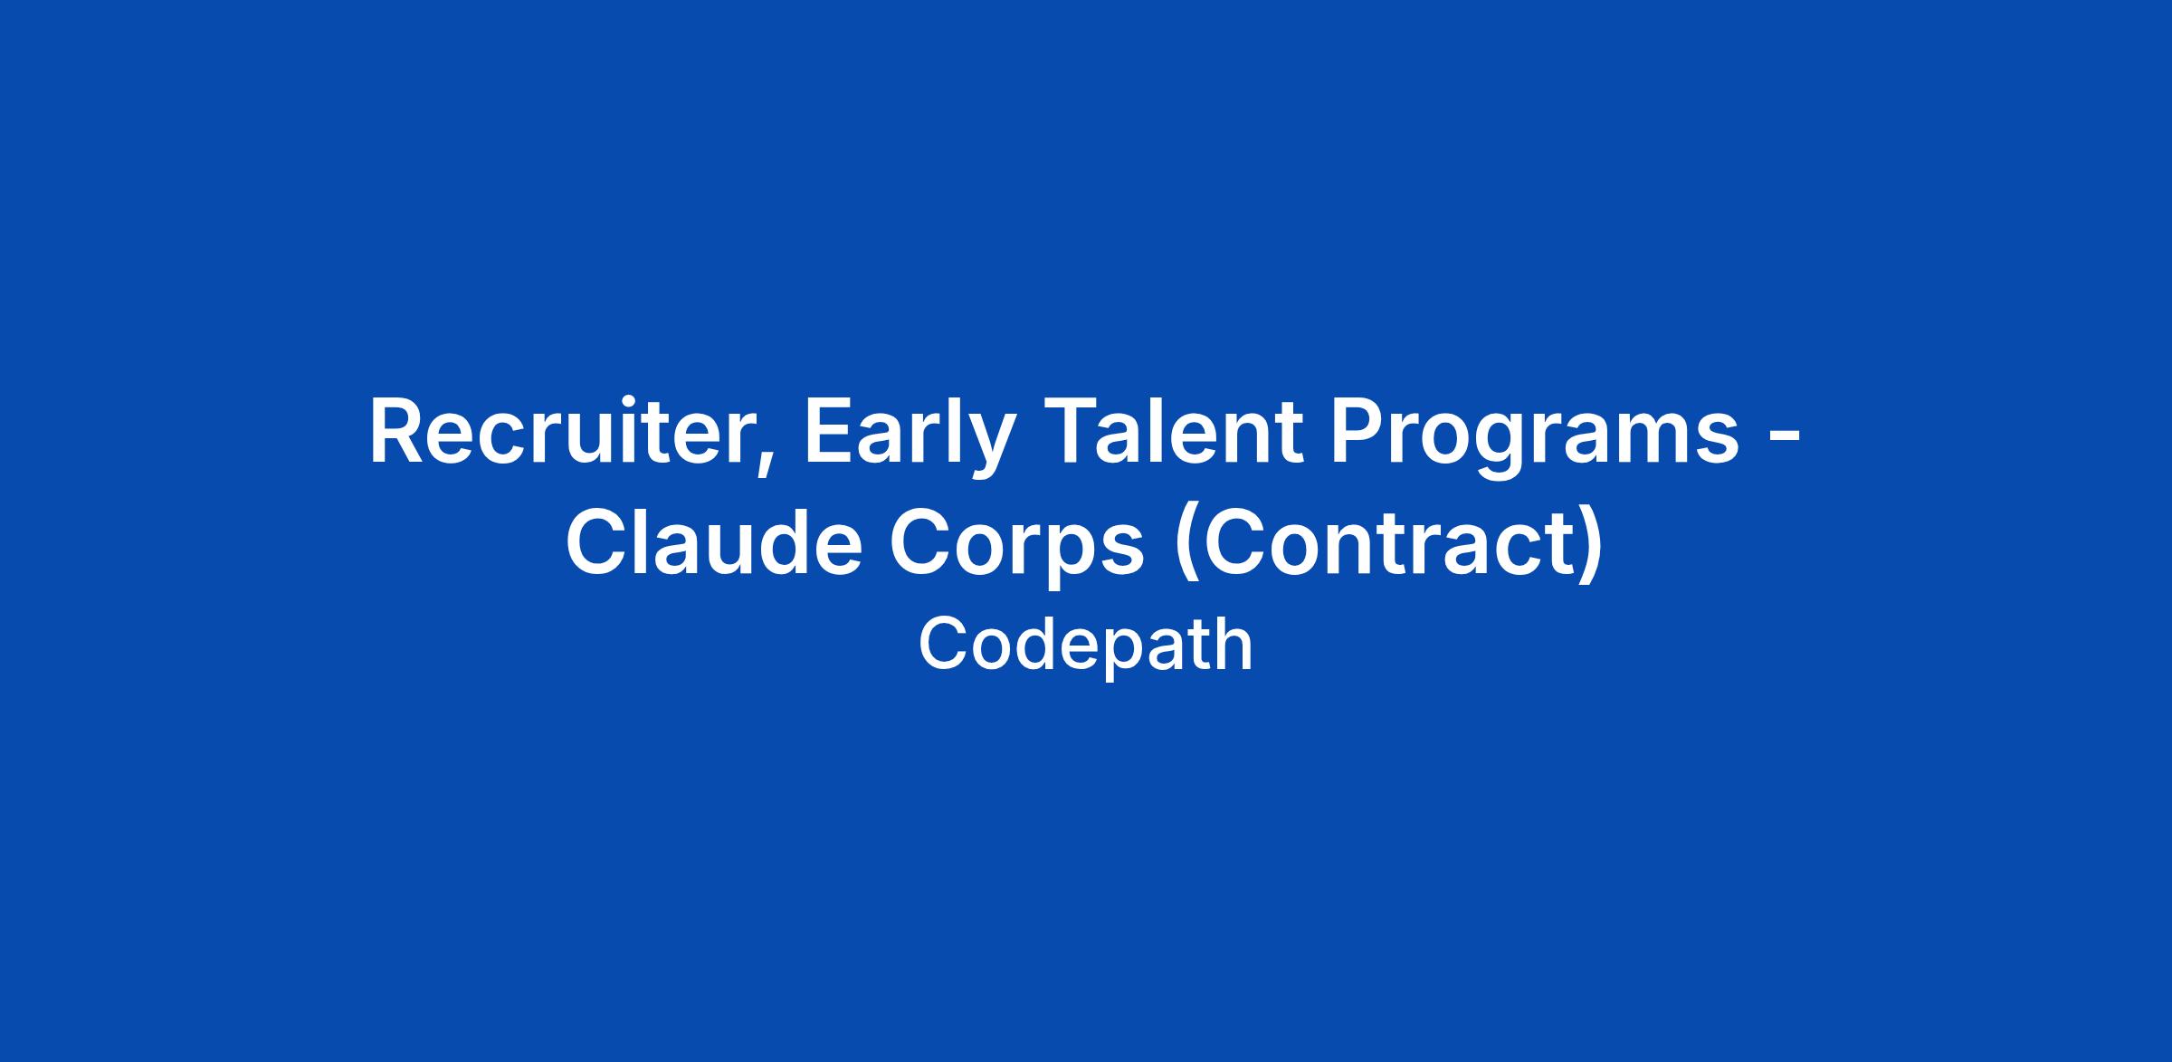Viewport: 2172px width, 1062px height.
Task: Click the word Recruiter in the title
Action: pos(560,432)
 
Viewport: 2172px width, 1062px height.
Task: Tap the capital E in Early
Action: pos(826,433)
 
